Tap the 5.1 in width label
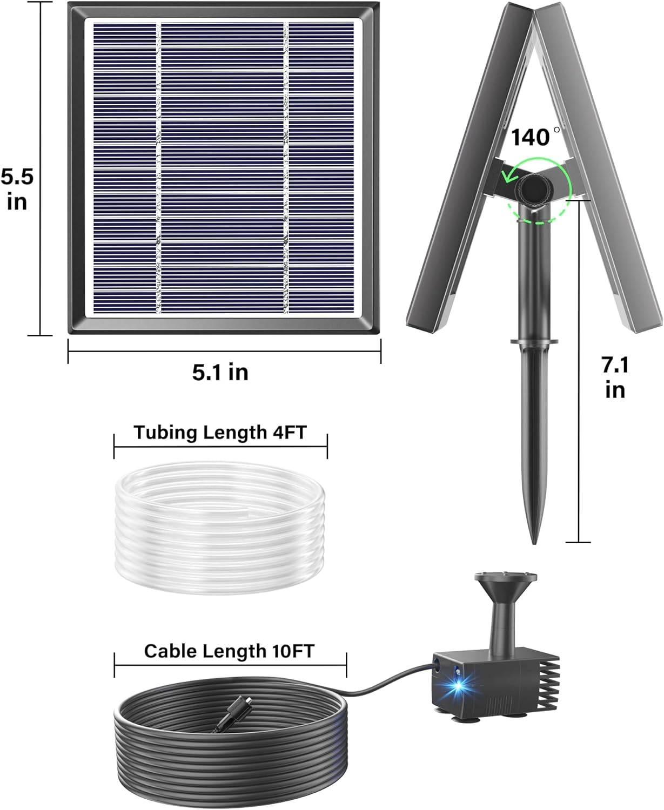pos(220,372)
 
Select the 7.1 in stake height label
pos(615,377)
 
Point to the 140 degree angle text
pos(532,137)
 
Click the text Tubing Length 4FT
pos(220,433)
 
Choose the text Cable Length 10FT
pos(229,651)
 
